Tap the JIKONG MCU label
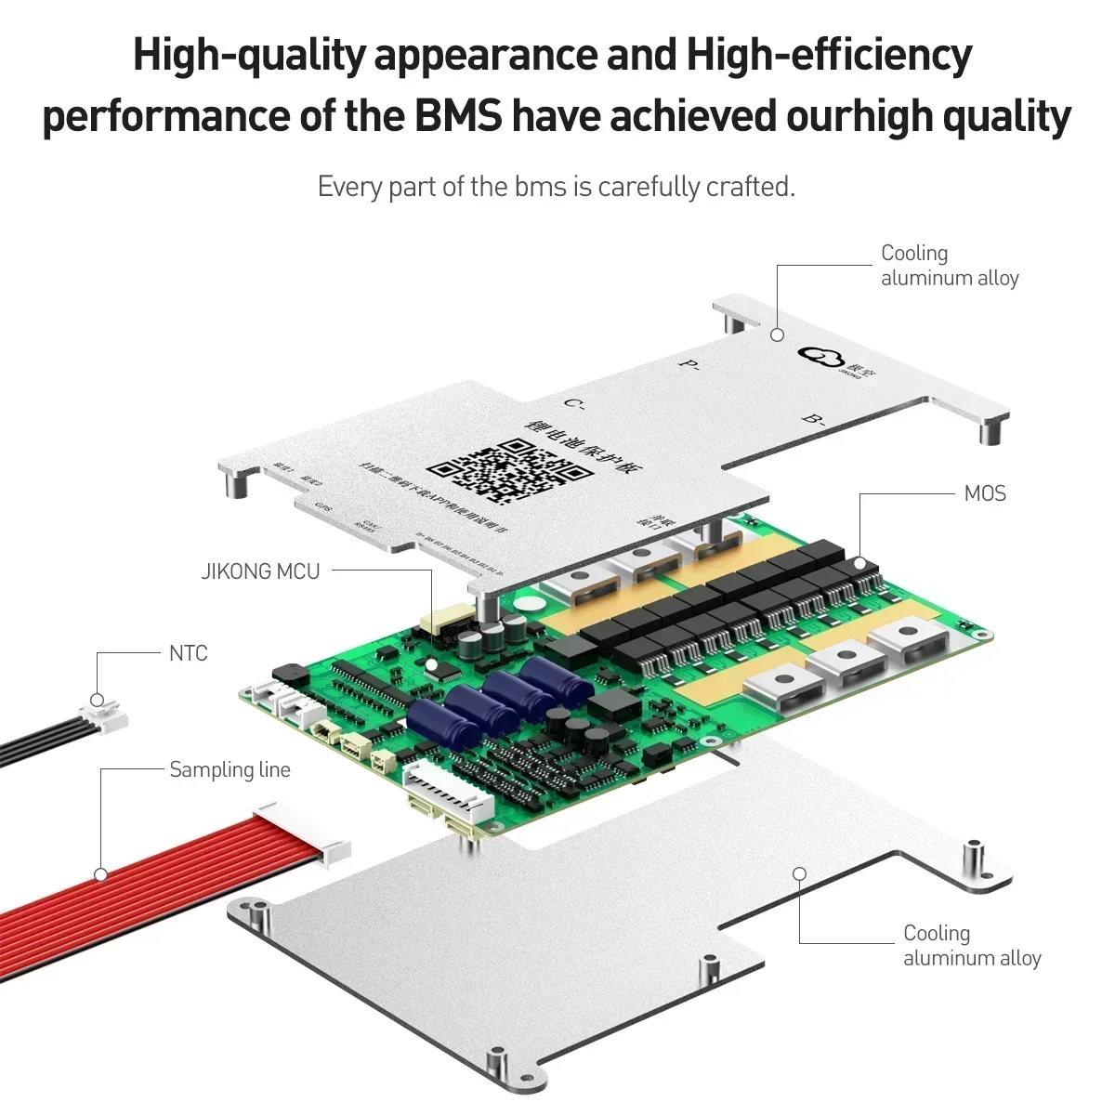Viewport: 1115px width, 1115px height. click(x=260, y=571)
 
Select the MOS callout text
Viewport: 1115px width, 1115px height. click(x=985, y=493)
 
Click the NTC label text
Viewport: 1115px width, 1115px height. click(x=189, y=653)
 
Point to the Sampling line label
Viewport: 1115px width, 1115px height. click(x=230, y=769)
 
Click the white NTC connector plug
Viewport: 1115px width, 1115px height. click(x=104, y=715)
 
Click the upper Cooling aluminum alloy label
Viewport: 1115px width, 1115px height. click(x=949, y=266)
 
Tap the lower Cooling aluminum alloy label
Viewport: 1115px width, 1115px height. click(x=971, y=946)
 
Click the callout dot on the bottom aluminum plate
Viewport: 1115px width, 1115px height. click(x=798, y=872)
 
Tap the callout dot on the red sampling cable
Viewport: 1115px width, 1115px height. click(x=100, y=873)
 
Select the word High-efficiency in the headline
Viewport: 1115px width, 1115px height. click(x=829, y=56)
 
